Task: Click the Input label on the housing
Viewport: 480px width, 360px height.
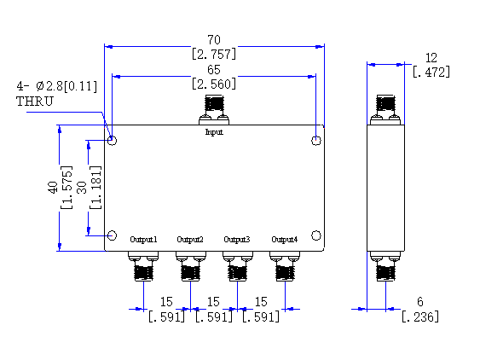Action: coord(214,132)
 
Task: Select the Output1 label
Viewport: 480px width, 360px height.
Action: coord(143,239)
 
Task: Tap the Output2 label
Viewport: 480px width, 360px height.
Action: coord(190,239)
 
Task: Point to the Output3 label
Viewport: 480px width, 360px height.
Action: coord(237,239)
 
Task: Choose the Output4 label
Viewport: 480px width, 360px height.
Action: coord(285,239)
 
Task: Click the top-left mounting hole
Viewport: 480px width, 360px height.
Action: coord(112,141)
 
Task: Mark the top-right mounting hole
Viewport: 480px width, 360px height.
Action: coord(316,141)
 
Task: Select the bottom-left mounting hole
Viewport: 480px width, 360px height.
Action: coord(112,235)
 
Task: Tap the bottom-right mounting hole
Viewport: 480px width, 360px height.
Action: coord(316,235)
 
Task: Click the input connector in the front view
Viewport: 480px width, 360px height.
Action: coord(214,110)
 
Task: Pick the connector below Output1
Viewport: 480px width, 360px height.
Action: coord(143,266)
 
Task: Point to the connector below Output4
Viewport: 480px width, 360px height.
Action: coord(285,266)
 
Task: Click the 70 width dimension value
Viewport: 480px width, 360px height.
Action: coord(214,40)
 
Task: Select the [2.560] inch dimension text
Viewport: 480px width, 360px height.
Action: coord(214,84)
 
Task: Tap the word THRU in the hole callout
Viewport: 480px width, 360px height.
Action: coord(35,102)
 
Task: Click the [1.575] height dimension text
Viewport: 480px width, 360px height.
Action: coord(67,188)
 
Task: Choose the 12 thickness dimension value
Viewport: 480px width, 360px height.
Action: coord(431,58)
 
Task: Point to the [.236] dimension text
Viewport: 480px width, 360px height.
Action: coord(420,316)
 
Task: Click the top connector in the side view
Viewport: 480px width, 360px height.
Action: coord(385,110)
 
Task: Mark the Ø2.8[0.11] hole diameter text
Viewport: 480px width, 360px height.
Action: coord(67,86)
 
